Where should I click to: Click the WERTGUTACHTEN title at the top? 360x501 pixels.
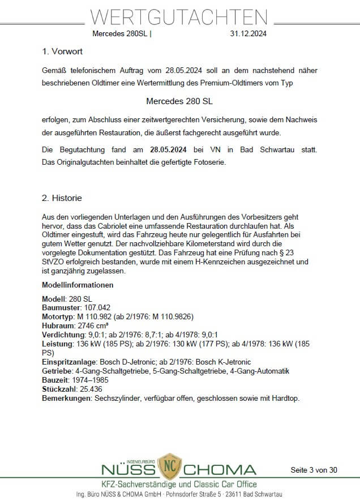tap(179, 17)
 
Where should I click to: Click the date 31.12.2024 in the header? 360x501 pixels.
tap(248, 33)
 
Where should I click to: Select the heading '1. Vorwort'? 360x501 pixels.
tap(62, 52)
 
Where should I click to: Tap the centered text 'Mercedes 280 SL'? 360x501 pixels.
tap(179, 102)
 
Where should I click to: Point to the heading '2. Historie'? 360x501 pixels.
tap(62, 198)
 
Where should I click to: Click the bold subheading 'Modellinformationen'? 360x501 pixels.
tap(78, 285)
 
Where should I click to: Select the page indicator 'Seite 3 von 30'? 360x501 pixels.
tap(314, 470)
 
